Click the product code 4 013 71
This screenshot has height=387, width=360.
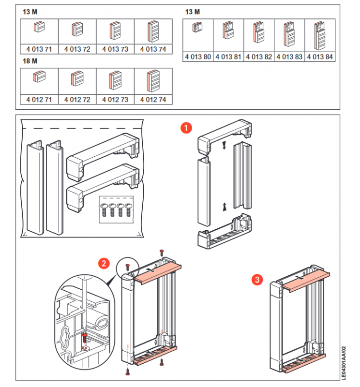[x=39, y=49]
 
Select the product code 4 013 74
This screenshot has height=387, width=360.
[x=153, y=49]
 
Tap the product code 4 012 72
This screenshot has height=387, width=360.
[x=77, y=99]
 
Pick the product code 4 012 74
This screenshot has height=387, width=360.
[x=153, y=99]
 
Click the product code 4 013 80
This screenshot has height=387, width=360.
[x=197, y=57]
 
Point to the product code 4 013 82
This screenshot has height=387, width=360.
[x=258, y=57]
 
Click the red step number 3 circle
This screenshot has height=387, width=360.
[x=258, y=279]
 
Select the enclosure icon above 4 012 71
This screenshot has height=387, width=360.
[x=39, y=77]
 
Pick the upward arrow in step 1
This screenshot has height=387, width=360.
[x=224, y=207]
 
